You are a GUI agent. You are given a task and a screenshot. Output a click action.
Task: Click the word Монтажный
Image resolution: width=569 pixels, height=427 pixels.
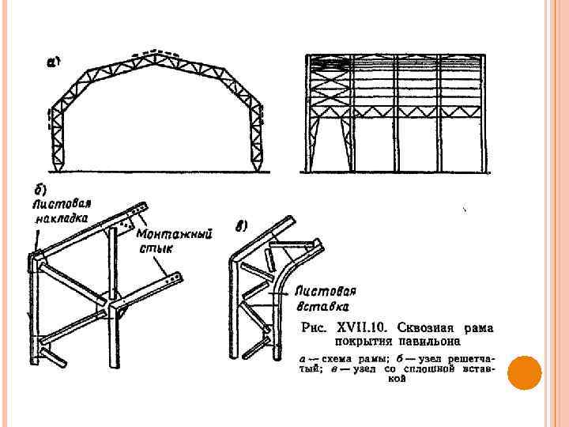174,235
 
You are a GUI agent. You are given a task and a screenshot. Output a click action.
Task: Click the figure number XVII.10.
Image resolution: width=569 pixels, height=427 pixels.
362,327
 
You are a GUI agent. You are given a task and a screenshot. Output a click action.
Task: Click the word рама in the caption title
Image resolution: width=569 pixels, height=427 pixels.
487,327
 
